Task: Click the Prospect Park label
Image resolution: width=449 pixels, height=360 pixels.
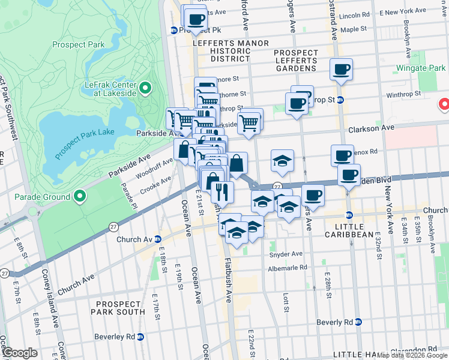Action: click(78, 44)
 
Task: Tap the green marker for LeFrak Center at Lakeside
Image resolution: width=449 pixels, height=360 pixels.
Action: click(145, 89)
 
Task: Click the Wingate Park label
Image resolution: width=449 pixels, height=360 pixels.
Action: click(421, 68)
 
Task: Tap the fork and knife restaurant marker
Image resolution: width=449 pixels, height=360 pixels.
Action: click(222, 191)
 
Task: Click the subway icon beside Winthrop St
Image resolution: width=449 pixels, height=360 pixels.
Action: click(340, 100)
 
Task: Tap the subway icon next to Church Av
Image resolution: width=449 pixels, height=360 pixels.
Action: click(157, 239)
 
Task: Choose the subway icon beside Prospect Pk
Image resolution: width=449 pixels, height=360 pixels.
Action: click(173, 29)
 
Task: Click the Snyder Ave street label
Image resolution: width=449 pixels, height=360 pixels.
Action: click(286, 254)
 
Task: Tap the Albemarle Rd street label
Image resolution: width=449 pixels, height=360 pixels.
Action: click(288, 268)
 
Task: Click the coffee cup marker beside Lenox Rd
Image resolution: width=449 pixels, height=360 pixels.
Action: click(342, 155)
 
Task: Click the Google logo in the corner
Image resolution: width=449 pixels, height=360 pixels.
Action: click(19, 353)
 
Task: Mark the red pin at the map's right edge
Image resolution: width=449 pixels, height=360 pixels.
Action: click(445, 104)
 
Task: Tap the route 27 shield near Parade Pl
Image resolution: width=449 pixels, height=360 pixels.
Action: click(113, 226)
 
